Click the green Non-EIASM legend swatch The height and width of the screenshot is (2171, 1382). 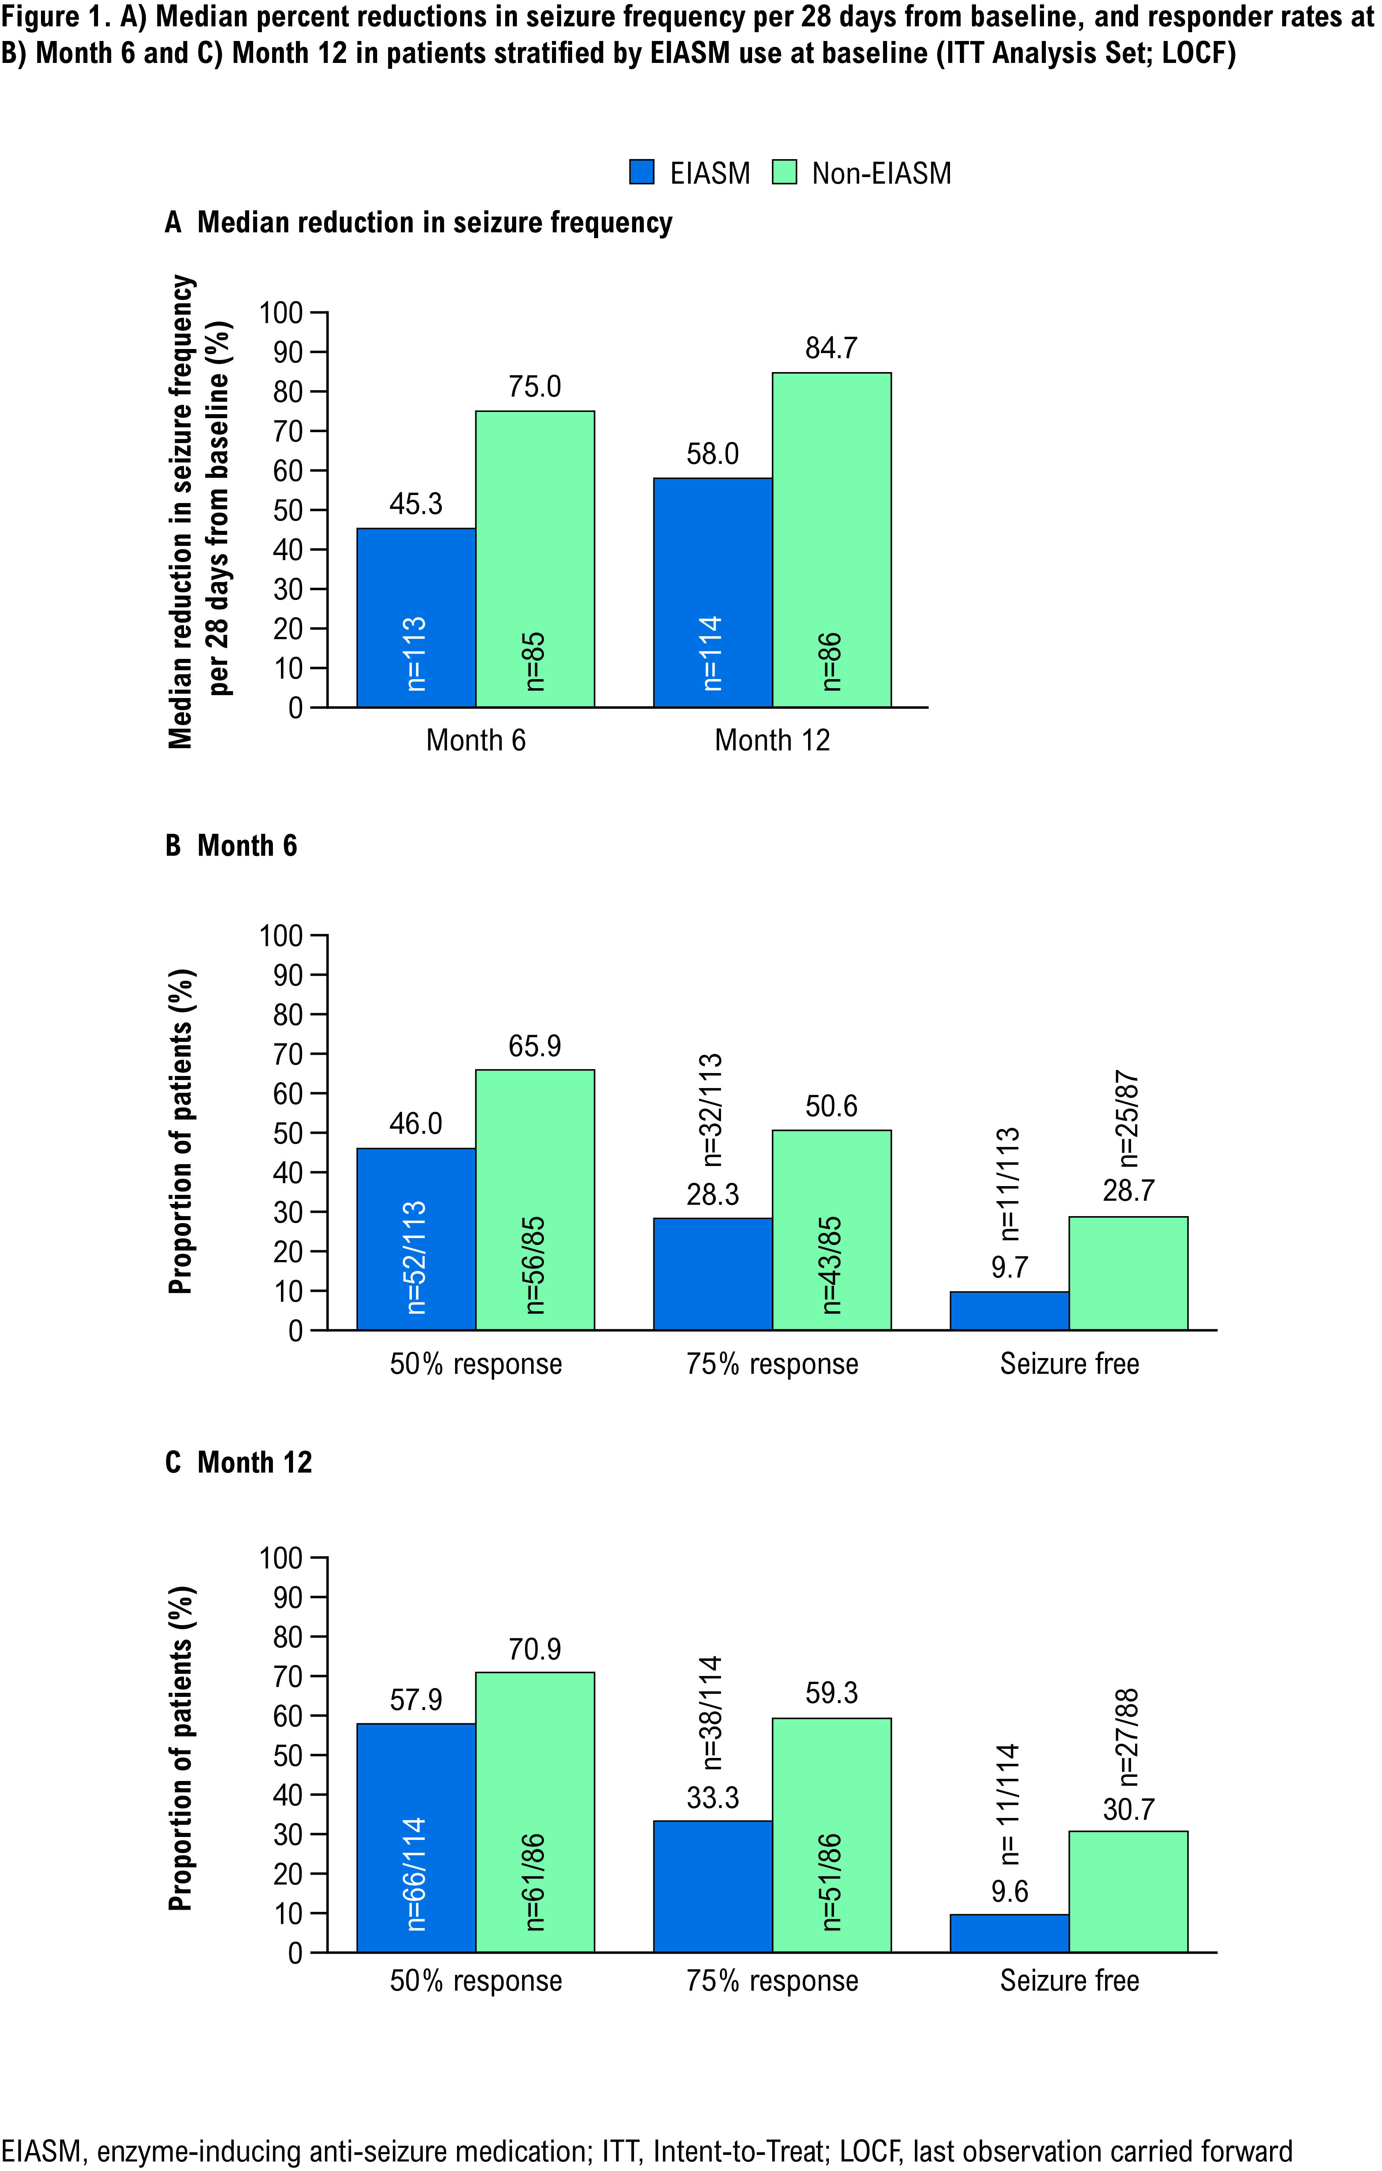pos(784,172)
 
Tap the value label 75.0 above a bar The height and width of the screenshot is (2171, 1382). pos(534,387)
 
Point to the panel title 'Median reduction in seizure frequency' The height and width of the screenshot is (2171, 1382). pos(435,223)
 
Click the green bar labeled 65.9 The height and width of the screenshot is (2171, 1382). pos(534,1199)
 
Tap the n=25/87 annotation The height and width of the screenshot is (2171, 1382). pos(1128,1118)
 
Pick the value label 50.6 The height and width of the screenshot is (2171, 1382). pos(831,1106)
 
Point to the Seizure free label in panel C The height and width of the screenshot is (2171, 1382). pos(1069,1981)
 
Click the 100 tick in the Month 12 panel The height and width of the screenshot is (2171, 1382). pos(281,1558)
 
